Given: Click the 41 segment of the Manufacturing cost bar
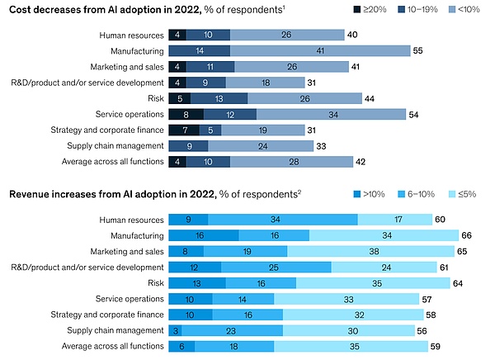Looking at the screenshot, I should [x=318, y=50].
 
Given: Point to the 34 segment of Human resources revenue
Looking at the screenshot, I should [x=283, y=220].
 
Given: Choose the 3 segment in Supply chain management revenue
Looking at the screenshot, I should [x=174, y=329].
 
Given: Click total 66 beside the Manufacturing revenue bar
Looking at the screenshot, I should [x=465, y=235].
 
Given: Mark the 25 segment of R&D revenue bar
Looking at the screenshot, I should [x=276, y=267].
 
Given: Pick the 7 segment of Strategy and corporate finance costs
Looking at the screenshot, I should [x=183, y=129].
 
